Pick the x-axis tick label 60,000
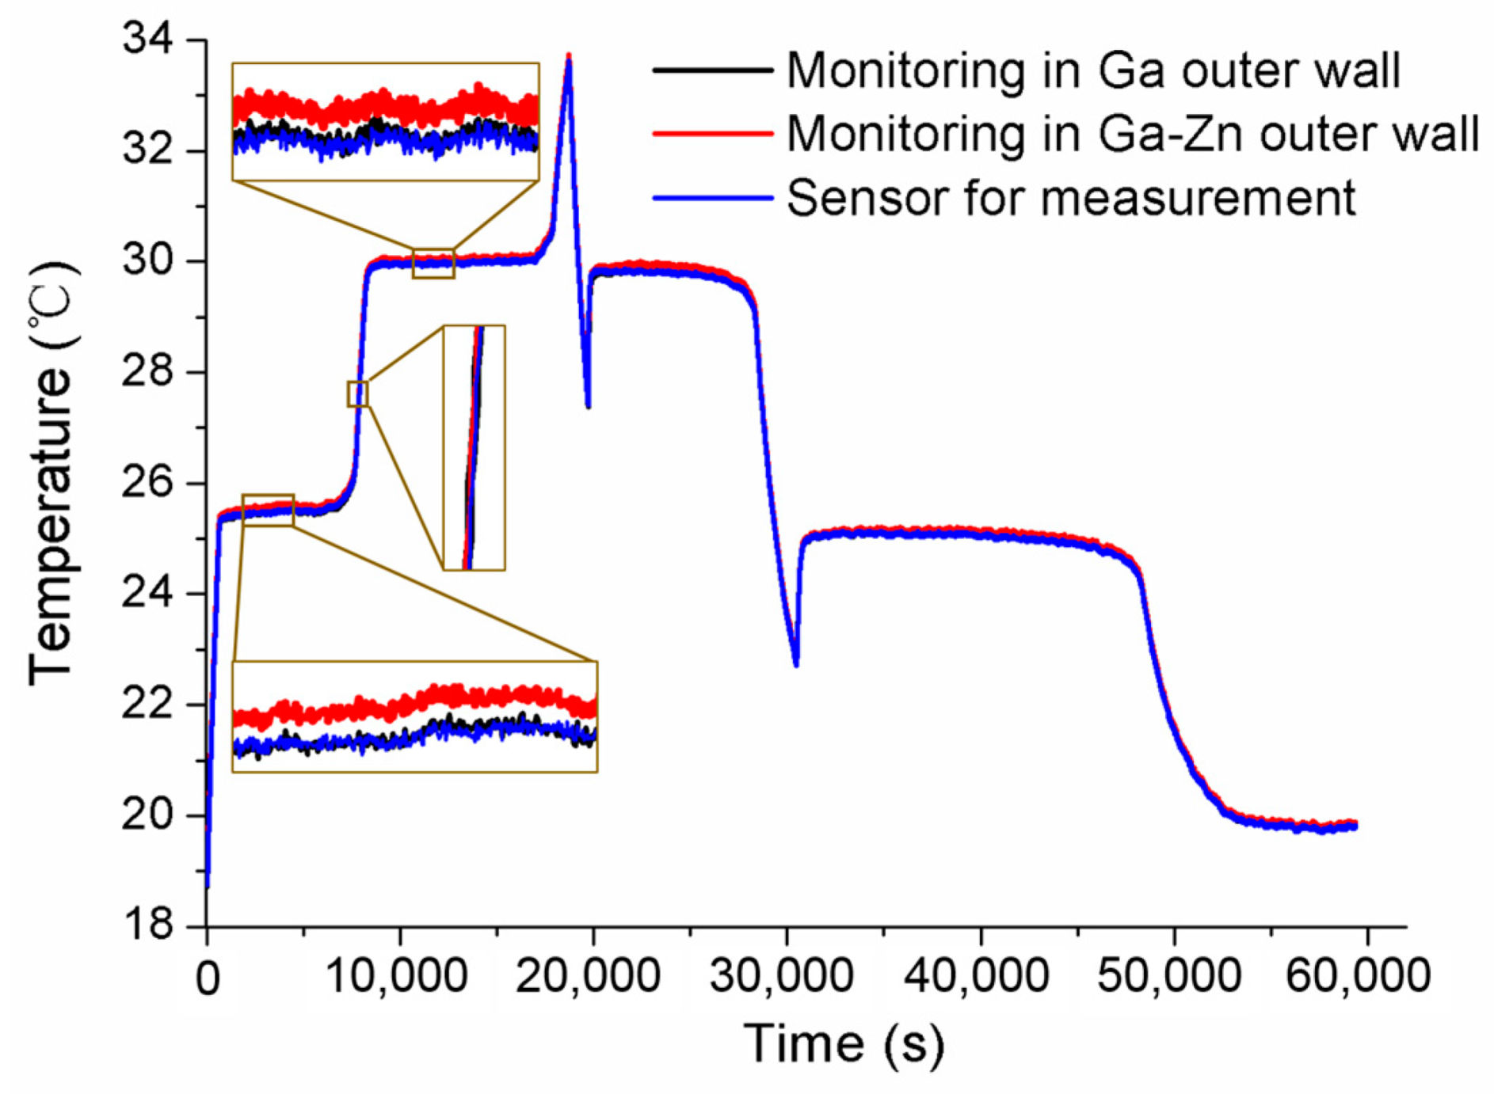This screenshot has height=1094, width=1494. click(1358, 975)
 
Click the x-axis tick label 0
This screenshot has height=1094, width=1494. click(208, 979)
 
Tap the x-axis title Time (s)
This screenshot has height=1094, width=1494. click(844, 1043)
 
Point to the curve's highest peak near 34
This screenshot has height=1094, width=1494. click(569, 57)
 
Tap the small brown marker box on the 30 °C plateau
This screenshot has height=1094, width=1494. click(433, 264)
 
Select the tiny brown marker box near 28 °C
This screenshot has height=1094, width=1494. click(358, 393)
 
